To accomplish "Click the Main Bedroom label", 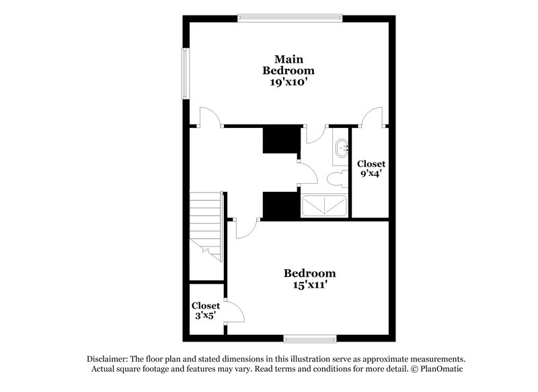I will click(x=289, y=63).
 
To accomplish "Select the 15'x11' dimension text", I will click(x=309, y=286).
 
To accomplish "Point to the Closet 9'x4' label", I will click(x=371, y=168).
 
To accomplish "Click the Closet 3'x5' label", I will click(x=206, y=311).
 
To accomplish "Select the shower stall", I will click(x=324, y=206).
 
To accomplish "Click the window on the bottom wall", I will click(x=309, y=337).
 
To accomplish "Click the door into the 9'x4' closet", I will click(x=371, y=116).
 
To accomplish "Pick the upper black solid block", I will click(x=280, y=139).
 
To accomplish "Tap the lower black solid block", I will click(x=280, y=205).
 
